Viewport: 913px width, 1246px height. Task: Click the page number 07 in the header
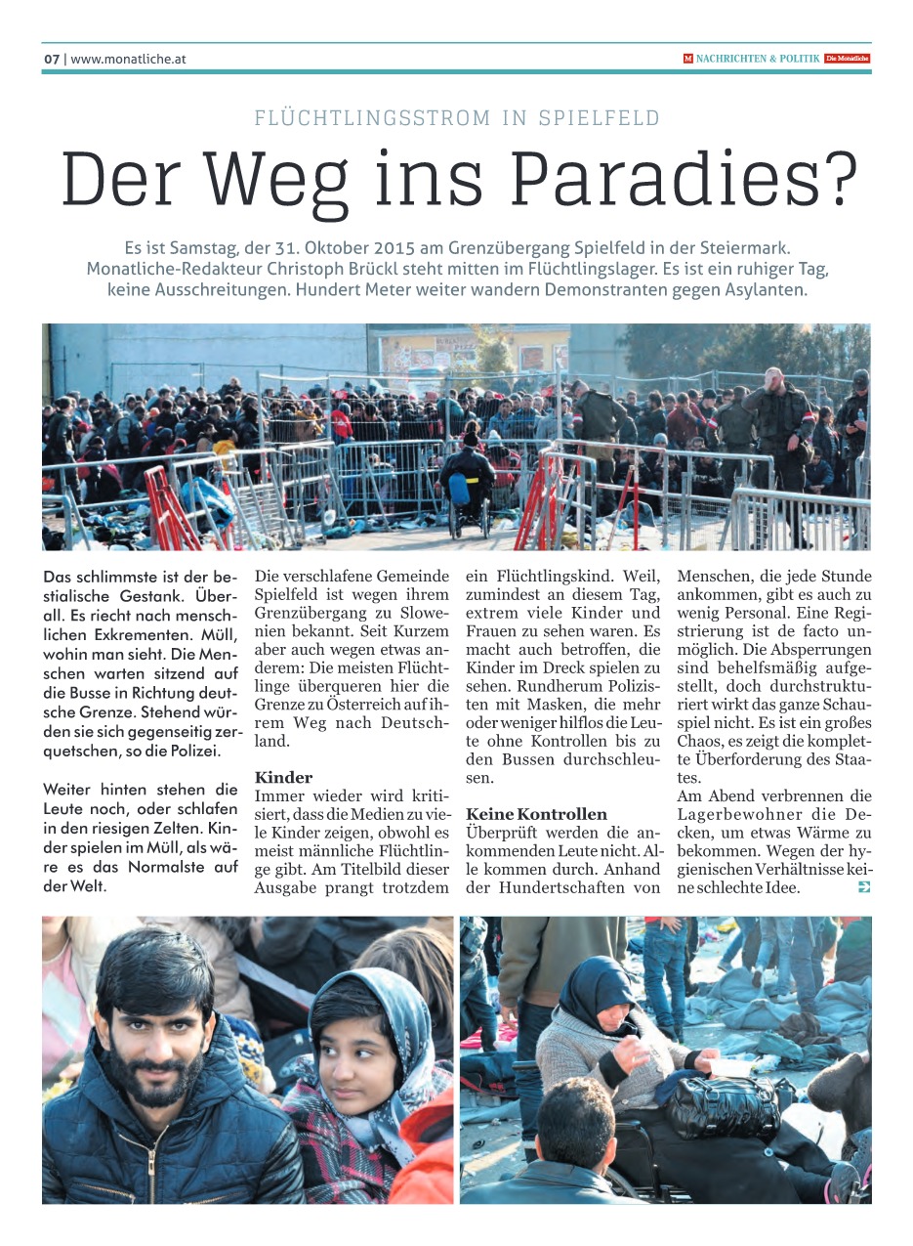pos(52,59)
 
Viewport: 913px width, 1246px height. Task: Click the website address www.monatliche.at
pos(128,59)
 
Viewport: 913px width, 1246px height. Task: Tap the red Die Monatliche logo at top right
pos(847,59)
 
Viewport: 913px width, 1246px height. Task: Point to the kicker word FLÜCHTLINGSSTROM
pos(372,119)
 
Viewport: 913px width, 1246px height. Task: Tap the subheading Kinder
pos(283,778)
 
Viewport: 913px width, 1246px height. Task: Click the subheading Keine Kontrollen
pos(536,814)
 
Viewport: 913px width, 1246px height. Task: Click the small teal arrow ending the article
pos(863,887)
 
